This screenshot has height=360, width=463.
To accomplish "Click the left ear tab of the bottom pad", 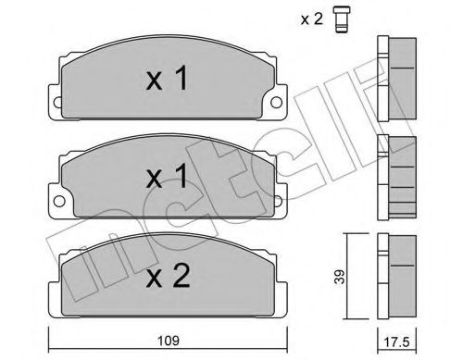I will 53,277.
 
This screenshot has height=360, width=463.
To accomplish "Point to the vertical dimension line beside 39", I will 349,278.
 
